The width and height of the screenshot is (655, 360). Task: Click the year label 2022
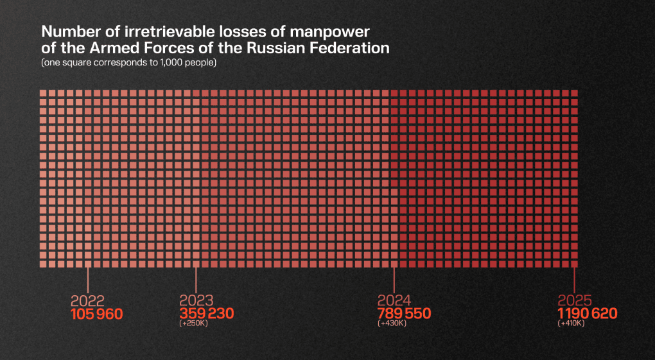click(87, 301)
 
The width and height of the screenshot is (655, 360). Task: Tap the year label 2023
click(197, 301)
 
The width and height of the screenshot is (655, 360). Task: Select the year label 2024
click(394, 301)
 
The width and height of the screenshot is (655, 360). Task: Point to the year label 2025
click(575, 301)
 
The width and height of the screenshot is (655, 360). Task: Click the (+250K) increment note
click(193, 323)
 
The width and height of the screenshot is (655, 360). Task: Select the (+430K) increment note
click(390, 323)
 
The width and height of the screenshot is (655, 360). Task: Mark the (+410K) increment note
click(572, 323)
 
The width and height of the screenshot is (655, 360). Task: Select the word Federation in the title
click(355, 48)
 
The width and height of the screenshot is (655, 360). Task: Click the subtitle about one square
click(128, 63)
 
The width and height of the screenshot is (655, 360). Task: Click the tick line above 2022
click(87, 280)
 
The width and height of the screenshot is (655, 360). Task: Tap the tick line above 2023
click(196, 280)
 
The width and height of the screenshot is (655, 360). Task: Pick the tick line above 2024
click(394, 280)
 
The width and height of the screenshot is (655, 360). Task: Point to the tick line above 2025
click(574, 280)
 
